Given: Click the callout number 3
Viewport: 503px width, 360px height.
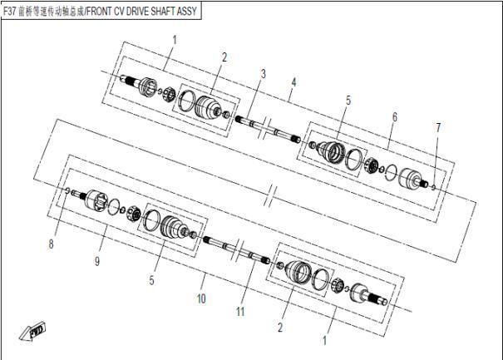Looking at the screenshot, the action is tap(263, 74).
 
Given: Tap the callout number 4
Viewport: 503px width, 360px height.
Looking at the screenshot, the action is tap(293, 82).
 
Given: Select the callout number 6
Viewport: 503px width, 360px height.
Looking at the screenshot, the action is tap(395, 117).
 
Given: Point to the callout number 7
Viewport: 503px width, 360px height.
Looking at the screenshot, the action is tap(438, 127).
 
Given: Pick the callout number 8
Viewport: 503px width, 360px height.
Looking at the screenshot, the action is tap(51, 244).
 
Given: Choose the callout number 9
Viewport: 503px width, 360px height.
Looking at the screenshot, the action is tap(97, 262).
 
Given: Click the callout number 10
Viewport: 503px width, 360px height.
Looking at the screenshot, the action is tap(201, 298).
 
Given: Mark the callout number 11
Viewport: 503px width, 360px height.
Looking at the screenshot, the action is tap(240, 312).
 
